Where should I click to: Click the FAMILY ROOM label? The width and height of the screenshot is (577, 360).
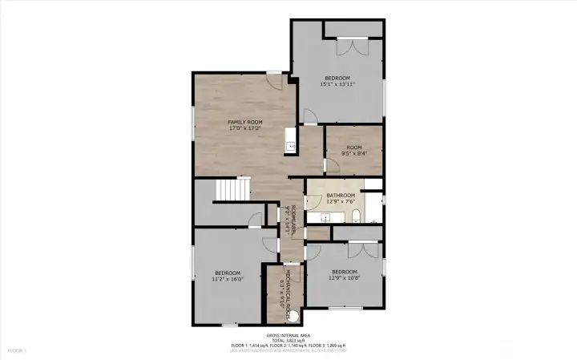coord(245,122)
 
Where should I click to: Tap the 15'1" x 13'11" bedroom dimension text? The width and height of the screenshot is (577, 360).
coord(337,83)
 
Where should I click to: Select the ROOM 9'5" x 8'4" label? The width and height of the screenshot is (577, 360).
coord(353,151)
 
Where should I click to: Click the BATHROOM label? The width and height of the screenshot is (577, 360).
coord(340,195)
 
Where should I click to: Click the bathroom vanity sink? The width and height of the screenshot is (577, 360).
coord(326,217)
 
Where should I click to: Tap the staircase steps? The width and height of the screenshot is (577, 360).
coord(232,189)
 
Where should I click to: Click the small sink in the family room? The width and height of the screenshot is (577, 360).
coord(290,147)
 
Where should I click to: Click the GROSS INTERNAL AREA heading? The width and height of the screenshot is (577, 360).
coord(288,334)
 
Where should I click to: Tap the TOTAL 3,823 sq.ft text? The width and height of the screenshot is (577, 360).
coord(288,340)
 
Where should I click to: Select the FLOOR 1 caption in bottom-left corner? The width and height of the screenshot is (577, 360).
coord(17,350)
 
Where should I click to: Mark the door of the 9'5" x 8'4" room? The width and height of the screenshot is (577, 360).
coord(330,166)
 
